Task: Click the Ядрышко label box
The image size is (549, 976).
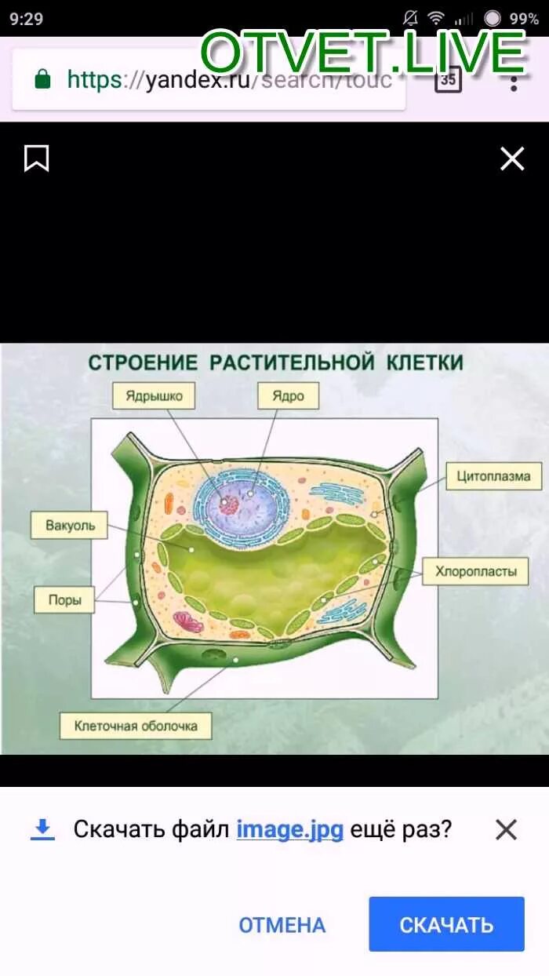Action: (153, 395)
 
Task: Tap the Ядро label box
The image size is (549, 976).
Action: (288, 395)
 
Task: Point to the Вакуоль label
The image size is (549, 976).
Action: (69, 525)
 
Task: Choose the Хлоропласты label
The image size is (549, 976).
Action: (475, 570)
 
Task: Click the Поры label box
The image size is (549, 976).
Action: (64, 600)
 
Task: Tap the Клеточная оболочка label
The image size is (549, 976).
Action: (136, 726)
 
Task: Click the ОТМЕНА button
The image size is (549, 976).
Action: (282, 925)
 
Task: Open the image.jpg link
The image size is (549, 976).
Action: (289, 829)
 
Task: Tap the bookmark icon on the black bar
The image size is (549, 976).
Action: (36, 158)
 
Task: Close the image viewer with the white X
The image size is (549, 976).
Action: (512, 159)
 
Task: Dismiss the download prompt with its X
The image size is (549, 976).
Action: (507, 829)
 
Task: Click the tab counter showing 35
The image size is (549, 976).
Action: (448, 79)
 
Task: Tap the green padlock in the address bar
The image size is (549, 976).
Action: (42, 78)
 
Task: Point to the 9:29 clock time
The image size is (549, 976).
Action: (27, 19)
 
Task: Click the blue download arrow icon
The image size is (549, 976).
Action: (42, 829)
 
